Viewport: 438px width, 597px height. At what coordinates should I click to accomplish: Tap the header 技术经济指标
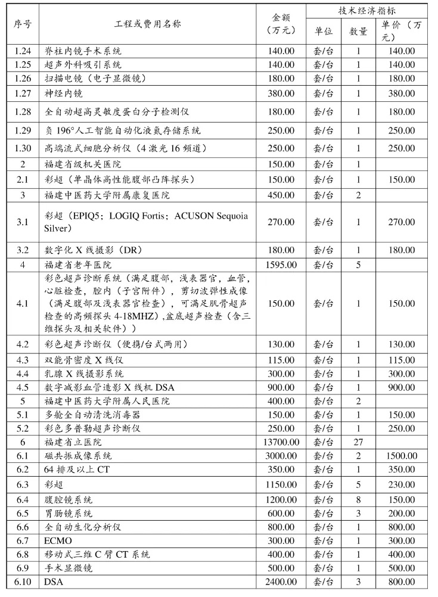366,11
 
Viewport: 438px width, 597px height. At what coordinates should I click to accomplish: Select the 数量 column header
358,31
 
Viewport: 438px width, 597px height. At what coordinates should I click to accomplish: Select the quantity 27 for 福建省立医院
358,442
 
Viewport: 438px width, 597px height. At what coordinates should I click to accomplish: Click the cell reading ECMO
57,540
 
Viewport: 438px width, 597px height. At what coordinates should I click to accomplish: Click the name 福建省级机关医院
83,164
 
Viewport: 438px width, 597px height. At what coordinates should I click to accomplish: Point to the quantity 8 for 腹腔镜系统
358,499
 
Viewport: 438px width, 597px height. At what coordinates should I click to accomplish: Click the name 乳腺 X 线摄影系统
85,374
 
